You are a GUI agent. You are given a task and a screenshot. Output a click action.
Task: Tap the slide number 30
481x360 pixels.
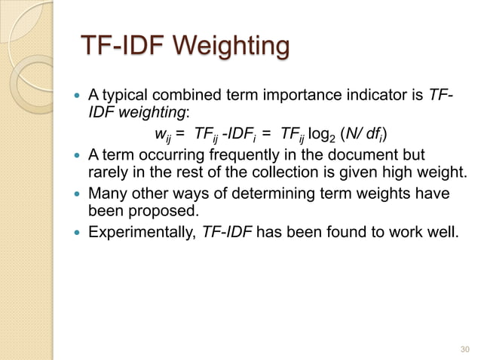464,349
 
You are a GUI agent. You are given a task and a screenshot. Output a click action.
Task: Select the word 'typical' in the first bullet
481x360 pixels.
126,96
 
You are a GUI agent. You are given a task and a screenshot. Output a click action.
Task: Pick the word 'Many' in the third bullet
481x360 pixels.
108,194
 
